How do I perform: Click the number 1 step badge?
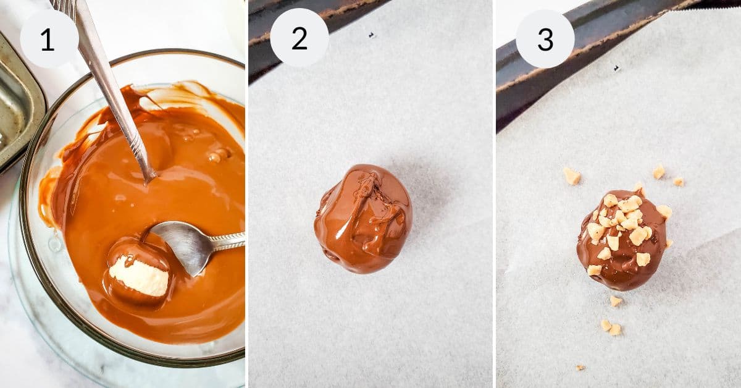click(x=49, y=39)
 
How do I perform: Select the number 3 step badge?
click(x=545, y=39)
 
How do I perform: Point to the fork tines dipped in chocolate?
click(x=146, y=167)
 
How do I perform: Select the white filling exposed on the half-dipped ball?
click(x=140, y=276)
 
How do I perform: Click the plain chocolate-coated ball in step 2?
click(x=363, y=219)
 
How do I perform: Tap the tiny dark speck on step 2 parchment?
click(x=371, y=35)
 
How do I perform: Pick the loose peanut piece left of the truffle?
click(x=572, y=176)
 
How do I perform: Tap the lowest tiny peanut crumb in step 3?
click(x=580, y=367)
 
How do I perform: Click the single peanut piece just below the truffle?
click(x=615, y=301)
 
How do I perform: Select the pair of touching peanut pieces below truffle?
click(x=611, y=327)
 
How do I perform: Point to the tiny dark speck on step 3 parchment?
click(x=616, y=68)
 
